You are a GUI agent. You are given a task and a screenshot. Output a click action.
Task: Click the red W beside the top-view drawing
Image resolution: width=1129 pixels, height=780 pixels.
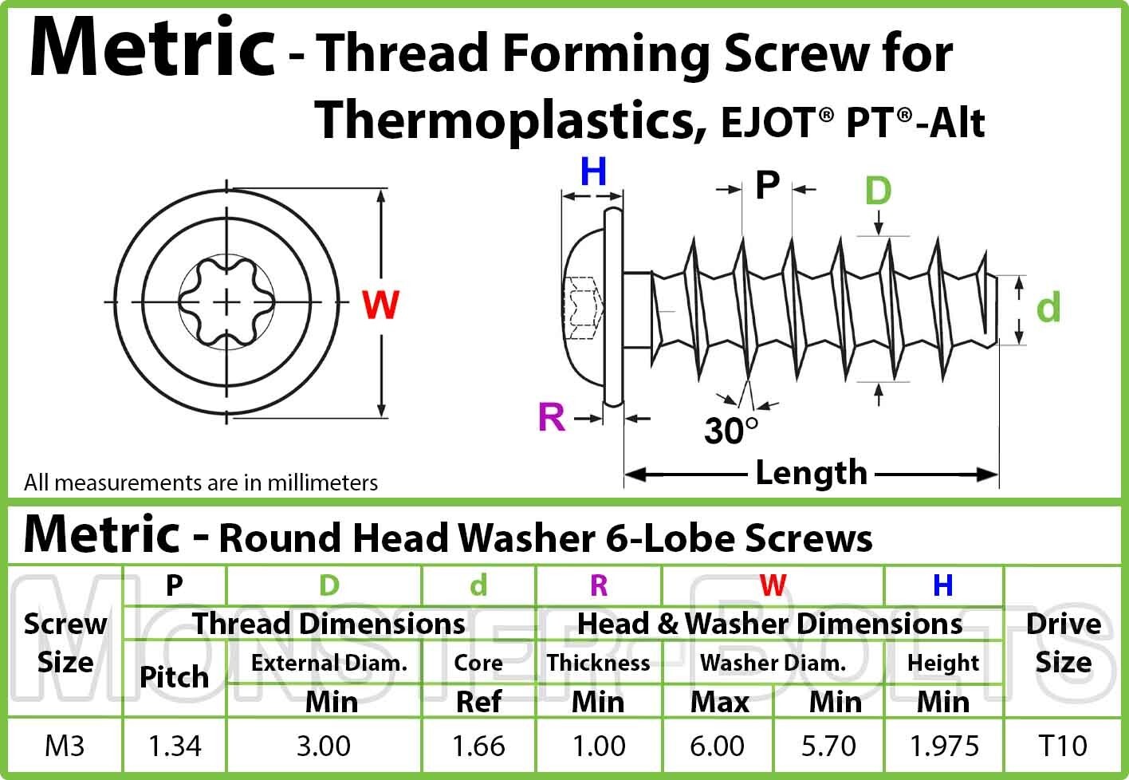click(x=380, y=305)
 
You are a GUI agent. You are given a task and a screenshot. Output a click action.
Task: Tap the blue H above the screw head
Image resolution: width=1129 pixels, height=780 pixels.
click(x=593, y=172)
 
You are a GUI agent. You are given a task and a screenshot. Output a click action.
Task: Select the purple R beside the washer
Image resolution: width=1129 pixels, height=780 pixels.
click(x=552, y=417)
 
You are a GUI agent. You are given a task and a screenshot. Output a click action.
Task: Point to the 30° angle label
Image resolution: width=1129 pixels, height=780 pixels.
click(x=730, y=431)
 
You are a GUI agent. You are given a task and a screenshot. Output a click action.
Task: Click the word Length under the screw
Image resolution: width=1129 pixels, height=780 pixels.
click(x=812, y=474)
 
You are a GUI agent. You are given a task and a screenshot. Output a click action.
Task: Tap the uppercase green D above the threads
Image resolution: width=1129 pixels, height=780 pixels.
click(x=878, y=191)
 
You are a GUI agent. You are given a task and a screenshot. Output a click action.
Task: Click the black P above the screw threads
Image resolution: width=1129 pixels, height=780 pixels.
click(x=767, y=185)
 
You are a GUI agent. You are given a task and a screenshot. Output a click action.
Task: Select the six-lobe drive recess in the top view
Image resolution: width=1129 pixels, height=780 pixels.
click(x=226, y=302)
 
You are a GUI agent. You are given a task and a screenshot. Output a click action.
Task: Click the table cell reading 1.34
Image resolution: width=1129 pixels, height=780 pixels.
click(x=175, y=746)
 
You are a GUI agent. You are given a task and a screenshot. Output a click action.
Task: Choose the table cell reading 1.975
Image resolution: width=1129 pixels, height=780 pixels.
click(x=944, y=746)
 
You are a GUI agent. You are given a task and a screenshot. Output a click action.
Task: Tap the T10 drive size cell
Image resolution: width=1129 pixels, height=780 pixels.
click(x=1063, y=746)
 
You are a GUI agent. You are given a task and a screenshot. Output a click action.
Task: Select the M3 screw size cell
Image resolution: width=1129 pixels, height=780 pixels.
click(x=65, y=746)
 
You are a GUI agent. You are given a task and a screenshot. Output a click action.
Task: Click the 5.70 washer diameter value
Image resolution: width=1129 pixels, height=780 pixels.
click(x=828, y=746)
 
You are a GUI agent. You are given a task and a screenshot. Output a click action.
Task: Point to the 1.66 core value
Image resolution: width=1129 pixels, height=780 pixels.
click(x=478, y=746)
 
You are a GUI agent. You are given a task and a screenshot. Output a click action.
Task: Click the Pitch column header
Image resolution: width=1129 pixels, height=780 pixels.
click(x=175, y=676)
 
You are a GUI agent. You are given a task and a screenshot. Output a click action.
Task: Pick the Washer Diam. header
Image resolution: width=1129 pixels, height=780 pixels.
click(x=773, y=663)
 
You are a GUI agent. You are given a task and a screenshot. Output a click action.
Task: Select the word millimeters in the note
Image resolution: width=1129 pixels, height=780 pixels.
click(x=323, y=483)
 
